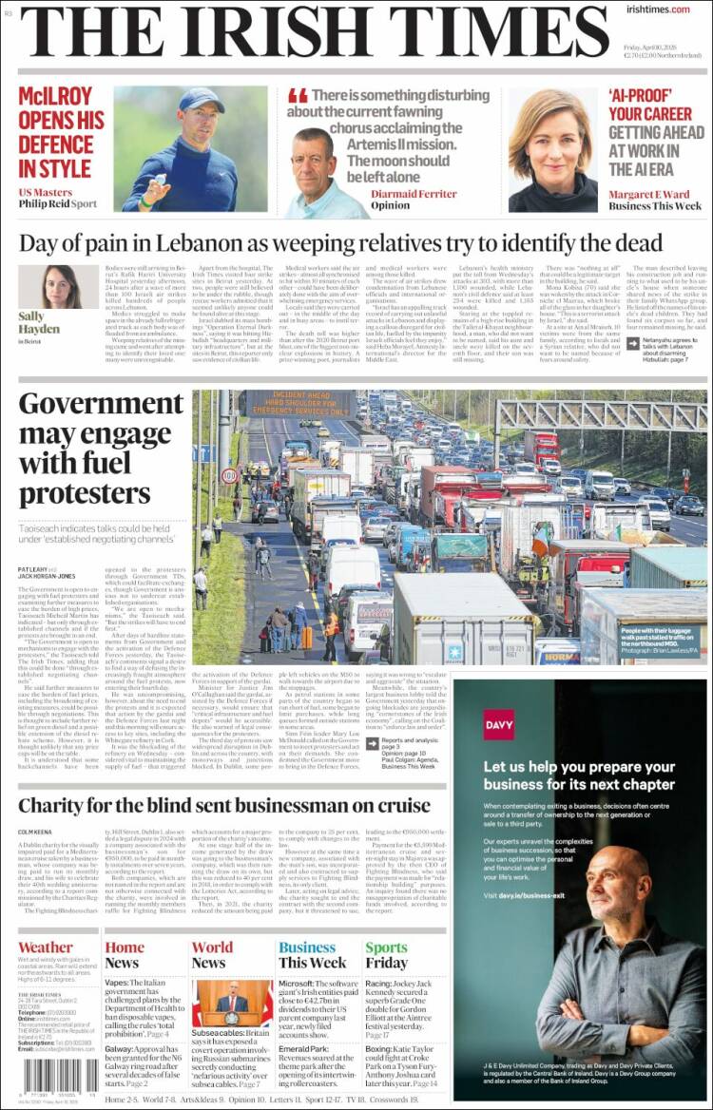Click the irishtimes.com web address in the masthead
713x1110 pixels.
point(658,10)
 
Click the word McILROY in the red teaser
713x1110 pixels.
point(54,96)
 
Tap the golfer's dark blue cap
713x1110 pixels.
point(202,101)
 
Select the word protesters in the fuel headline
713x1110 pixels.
point(85,493)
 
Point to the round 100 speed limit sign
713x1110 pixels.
point(229,474)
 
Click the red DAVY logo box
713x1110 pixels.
point(498,723)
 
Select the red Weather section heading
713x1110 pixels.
point(45,947)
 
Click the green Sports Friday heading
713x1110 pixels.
point(386,954)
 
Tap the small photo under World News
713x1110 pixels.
point(232,1003)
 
